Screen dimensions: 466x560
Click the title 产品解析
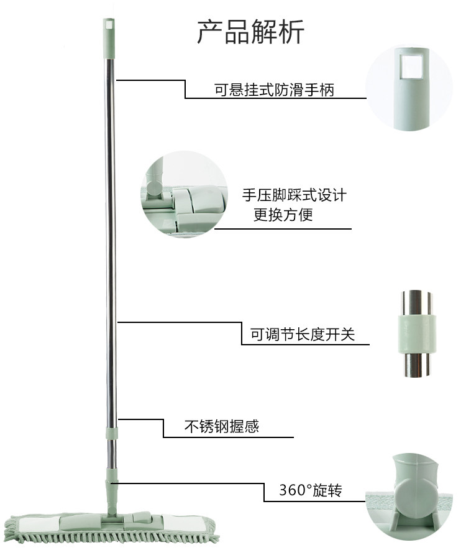tap(250, 31)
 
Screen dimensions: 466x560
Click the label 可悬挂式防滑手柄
tap(274, 91)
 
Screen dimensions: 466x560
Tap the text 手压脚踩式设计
tap(294, 195)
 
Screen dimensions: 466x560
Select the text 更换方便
tap(283, 216)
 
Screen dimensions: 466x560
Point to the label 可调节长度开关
tap(302, 335)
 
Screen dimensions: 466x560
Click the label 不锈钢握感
tap(222, 427)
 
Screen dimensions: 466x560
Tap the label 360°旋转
tap(310, 491)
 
